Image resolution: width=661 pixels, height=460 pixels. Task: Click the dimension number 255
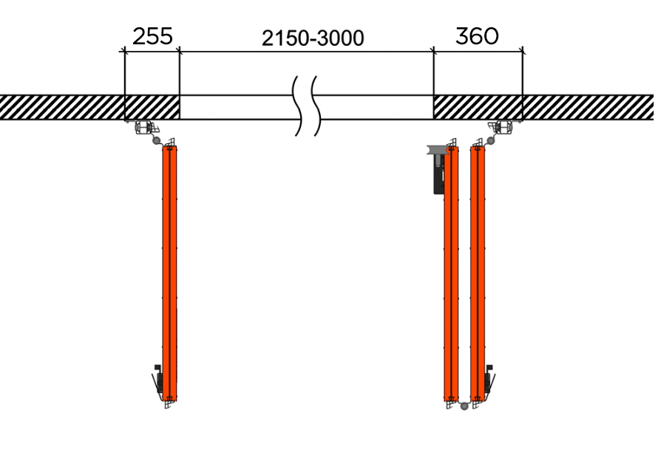point(152,36)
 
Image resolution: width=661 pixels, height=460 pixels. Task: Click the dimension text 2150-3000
point(313,38)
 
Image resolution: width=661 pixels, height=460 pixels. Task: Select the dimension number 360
point(477,36)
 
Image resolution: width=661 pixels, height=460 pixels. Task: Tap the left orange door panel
point(171,273)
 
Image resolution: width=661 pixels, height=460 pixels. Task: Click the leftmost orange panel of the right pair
point(451,273)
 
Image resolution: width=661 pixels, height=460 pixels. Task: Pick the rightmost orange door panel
point(477,273)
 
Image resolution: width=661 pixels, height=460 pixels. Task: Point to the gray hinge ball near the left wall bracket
point(156,140)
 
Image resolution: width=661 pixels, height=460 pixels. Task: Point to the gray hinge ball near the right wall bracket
point(489,140)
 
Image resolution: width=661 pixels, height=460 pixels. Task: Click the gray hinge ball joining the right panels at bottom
point(464,405)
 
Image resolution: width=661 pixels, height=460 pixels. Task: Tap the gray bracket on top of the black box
point(436,149)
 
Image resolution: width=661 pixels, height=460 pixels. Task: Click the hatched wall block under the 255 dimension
point(152,107)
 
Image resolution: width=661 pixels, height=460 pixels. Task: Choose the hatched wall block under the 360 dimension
point(478,107)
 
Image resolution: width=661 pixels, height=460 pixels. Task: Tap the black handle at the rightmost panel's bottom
point(489,380)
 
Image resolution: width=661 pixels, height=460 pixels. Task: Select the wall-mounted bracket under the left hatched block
point(143,127)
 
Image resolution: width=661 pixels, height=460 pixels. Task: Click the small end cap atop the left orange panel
point(171,143)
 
